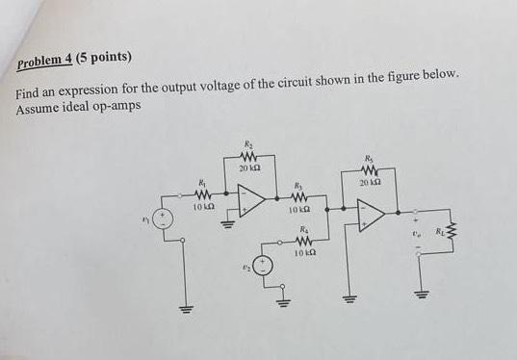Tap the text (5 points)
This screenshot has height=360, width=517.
(x=104, y=57)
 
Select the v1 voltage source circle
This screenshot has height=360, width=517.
(x=165, y=219)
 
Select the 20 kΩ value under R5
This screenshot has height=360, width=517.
(x=370, y=181)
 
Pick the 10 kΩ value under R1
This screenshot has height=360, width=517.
(x=201, y=205)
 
